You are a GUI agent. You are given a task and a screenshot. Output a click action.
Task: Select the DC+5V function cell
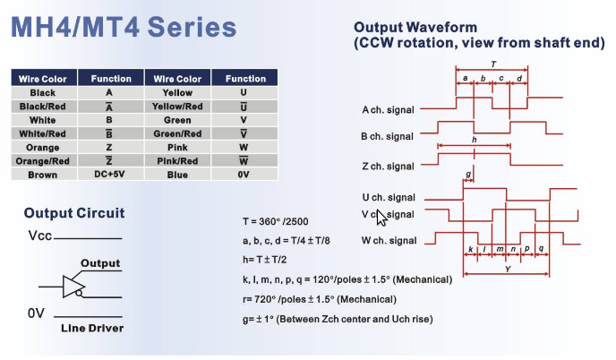pyautogui.click(x=110, y=175)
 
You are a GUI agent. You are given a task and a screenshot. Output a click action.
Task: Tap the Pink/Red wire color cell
pyautogui.click(x=177, y=161)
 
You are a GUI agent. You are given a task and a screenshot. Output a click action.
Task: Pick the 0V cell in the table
pyautogui.click(x=244, y=175)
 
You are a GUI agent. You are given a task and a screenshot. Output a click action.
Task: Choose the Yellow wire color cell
pyautogui.click(x=177, y=93)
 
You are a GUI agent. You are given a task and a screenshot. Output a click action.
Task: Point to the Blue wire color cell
pyautogui.click(x=177, y=175)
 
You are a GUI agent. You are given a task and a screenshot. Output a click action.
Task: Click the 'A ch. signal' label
pyautogui.click(x=388, y=109)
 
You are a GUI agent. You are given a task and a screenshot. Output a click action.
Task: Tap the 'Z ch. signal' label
pyautogui.click(x=388, y=167)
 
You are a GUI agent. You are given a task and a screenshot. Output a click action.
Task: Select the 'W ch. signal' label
pyautogui.click(x=389, y=241)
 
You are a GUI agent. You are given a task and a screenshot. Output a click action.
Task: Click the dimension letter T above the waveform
pyautogui.click(x=493, y=64)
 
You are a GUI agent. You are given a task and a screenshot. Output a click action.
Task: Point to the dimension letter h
pyautogui.click(x=475, y=140)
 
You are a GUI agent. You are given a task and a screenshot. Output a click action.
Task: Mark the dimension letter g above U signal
pyautogui.click(x=468, y=174)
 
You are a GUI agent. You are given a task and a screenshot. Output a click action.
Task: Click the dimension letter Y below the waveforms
pyautogui.click(x=508, y=269)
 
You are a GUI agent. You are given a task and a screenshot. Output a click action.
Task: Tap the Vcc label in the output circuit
pyautogui.click(x=40, y=236)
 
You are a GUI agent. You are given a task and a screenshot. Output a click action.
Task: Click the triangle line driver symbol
pyautogui.click(x=73, y=287)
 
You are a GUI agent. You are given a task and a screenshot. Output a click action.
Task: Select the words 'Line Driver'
pyautogui.click(x=92, y=328)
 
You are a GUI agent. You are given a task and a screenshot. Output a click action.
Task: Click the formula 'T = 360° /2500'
pyautogui.click(x=276, y=221)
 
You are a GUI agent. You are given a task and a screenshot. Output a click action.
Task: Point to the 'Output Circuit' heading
pyautogui.click(x=74, y=212)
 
